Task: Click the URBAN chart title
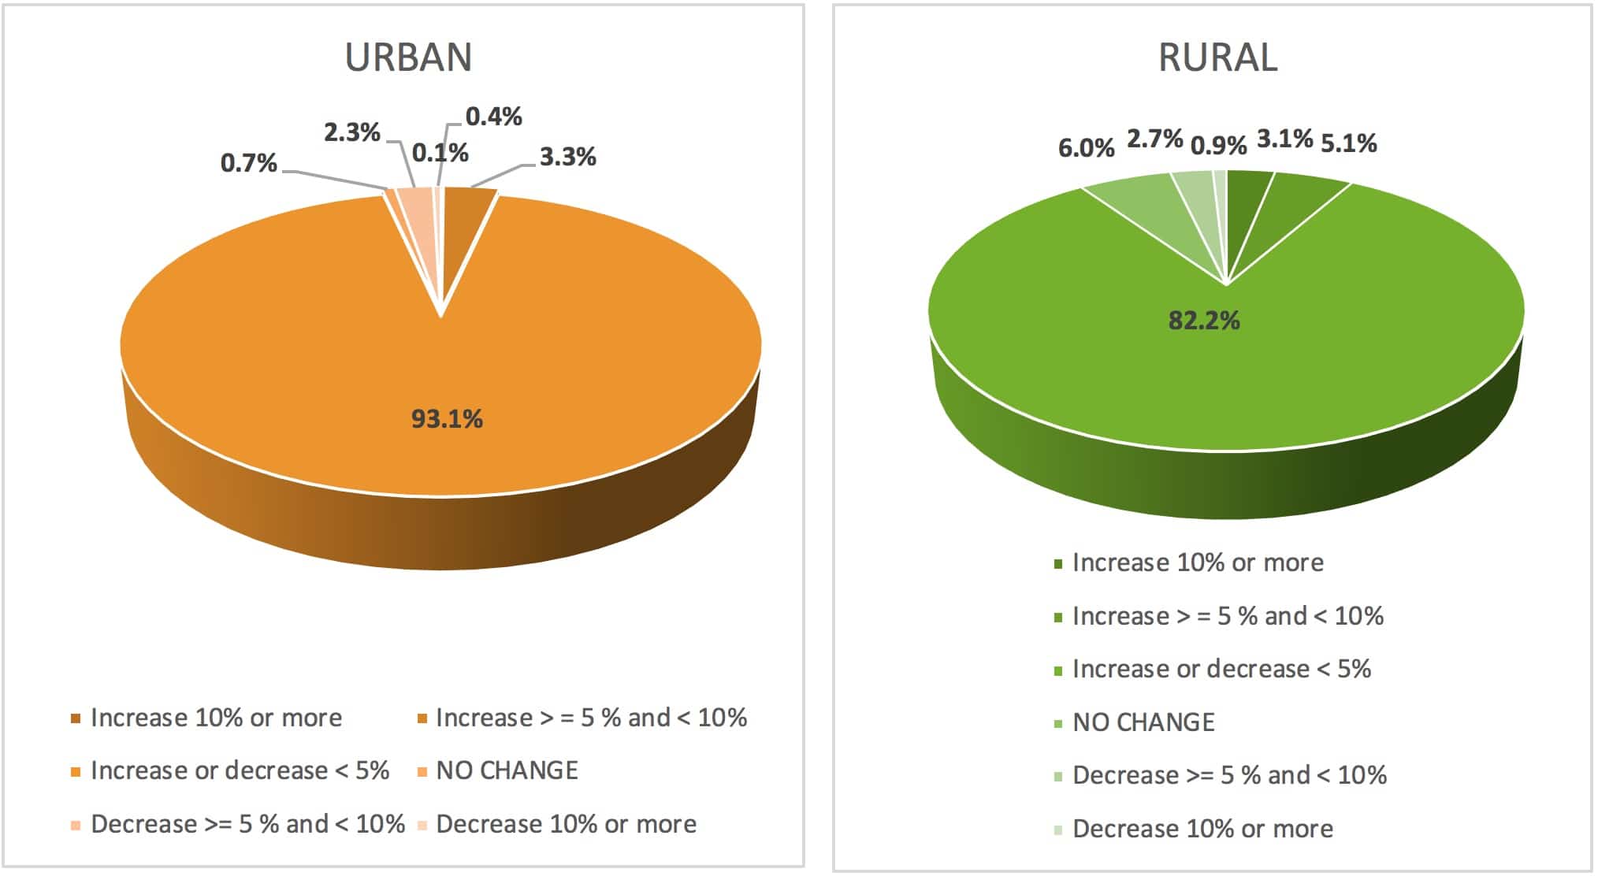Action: point(408,58)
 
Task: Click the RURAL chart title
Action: point(1217,58)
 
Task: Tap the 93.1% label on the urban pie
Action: point(447,418)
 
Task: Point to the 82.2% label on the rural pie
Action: point(1203,321)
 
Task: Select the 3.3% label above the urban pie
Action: point(567,158)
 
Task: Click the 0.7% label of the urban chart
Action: point(248,163)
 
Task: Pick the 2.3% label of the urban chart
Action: point(351,132)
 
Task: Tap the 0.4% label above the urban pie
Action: point(493,117)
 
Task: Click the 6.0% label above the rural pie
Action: point(1086,148)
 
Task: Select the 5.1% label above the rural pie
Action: point(1348,143)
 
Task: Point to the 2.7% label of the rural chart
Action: point(1154,139)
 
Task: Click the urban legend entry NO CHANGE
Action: point(507,770)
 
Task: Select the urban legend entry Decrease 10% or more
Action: point(566,824)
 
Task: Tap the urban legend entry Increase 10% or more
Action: point(216,718)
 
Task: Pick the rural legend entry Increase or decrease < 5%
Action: point(1221,669)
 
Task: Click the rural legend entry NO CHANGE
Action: point(1143,722)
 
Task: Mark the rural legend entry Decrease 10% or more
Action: point(1202,829)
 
